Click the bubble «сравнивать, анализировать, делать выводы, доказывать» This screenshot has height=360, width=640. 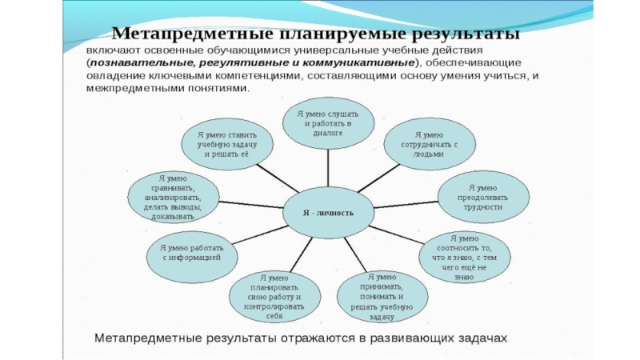172,197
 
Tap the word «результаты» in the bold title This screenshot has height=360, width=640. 465,35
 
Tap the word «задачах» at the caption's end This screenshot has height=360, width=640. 482,339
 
